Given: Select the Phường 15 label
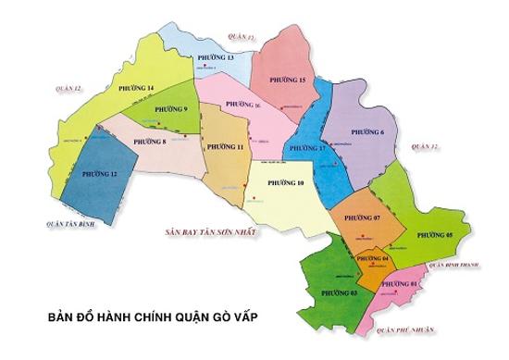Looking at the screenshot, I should pos(288,81).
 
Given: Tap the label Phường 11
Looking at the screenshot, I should pos(226,147).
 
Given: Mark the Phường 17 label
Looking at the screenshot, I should pos(309,148).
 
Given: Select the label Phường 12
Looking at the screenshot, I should pos(99,173).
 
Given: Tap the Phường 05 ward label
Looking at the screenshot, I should pos(434,236).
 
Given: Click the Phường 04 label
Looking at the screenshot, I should pos(372,258).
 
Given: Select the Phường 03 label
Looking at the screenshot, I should pos(339,292).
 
